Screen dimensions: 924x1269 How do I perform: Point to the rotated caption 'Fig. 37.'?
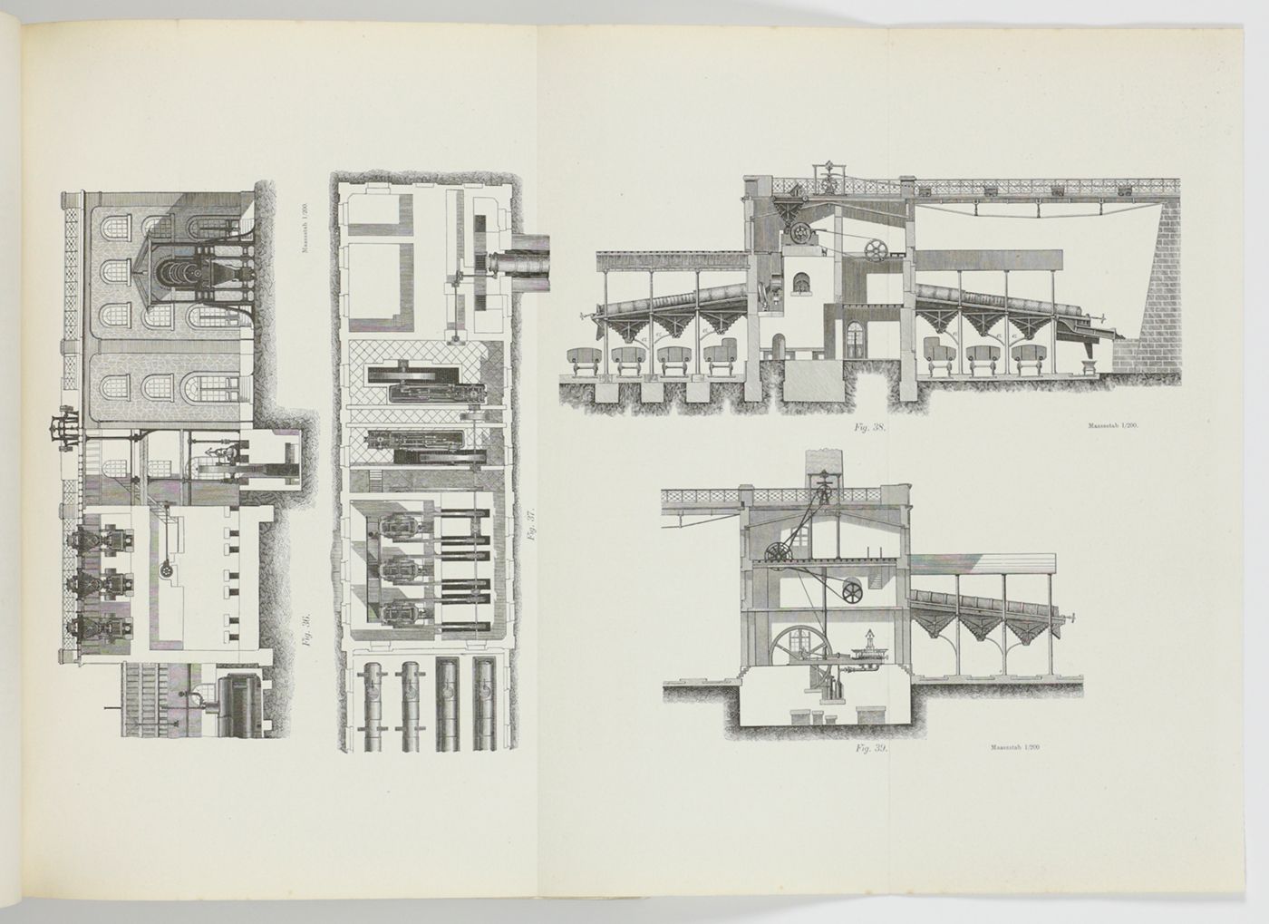point(530,527)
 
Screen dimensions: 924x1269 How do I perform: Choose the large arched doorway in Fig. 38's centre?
point(776,348)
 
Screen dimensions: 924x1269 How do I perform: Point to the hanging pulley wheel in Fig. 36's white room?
point(165,569)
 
